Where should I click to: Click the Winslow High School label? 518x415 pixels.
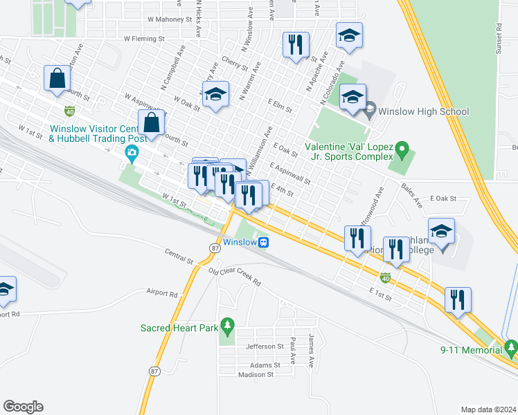coord(424,111)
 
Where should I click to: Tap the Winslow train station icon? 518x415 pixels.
coord(264,243)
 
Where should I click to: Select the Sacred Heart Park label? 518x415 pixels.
coord(179,327)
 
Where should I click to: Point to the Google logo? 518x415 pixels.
coord(23,407)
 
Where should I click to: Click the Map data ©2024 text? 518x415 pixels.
coord(488,409)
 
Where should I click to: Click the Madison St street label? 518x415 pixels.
coord(256,374)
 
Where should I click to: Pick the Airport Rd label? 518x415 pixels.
coord(161,293)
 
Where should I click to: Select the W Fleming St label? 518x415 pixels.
coord(146,39)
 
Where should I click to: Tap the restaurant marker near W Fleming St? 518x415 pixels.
coord(296,45)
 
